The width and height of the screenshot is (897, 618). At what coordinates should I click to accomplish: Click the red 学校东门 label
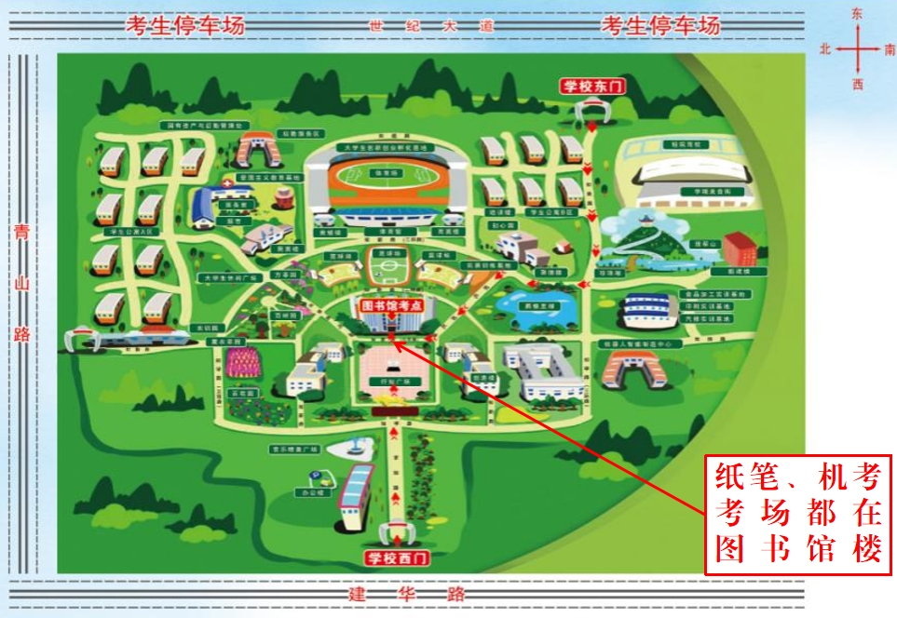click(591, 87)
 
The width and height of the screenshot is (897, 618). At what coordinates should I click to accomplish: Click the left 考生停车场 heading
click(185, 26)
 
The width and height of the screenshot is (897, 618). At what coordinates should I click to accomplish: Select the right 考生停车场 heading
click(660, 26)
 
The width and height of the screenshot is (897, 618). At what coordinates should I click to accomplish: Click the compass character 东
click(857, 14)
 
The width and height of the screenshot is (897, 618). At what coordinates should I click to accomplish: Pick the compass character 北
click(825, 48)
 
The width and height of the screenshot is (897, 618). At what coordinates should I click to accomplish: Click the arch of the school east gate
click(591, 112)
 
